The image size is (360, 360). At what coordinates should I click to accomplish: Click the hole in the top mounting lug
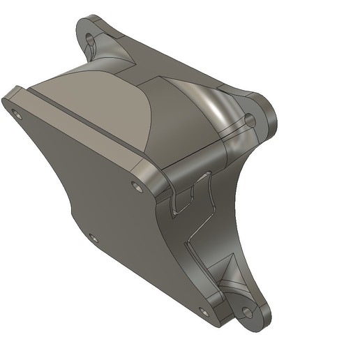[91, 36]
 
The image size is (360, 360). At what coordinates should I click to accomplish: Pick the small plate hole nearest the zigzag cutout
[136, 186]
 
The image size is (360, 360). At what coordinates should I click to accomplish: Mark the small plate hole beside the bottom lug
[203, 311]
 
